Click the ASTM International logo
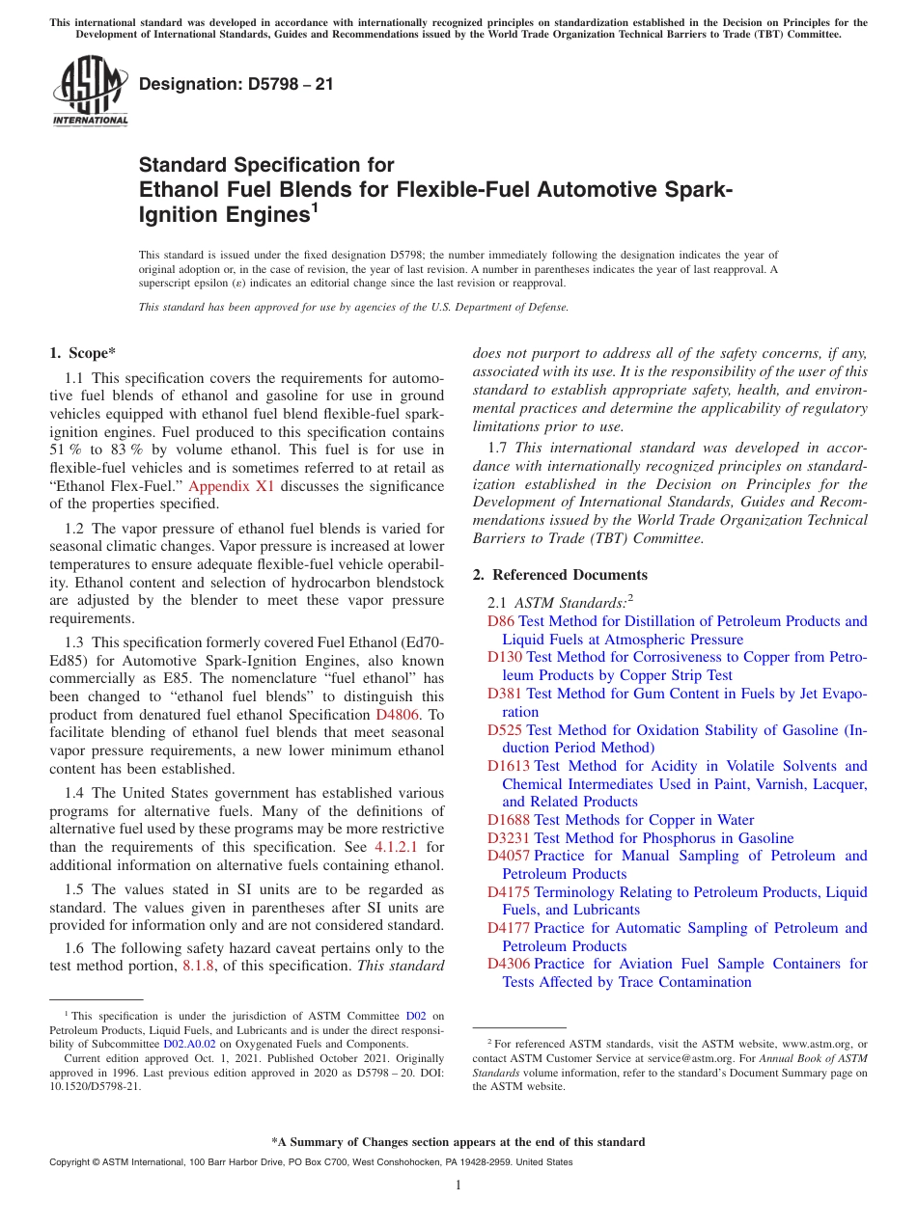point(89,92)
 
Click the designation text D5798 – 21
point(236,85)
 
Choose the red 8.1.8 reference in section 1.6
point(200,966)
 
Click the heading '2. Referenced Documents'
point(560,575)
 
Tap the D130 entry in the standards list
point(505,658)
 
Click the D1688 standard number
point(509,820)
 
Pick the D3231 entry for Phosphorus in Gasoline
point(509,838)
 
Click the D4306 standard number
point(509,964)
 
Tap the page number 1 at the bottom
point(458,1186)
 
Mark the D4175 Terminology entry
point(509,892)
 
